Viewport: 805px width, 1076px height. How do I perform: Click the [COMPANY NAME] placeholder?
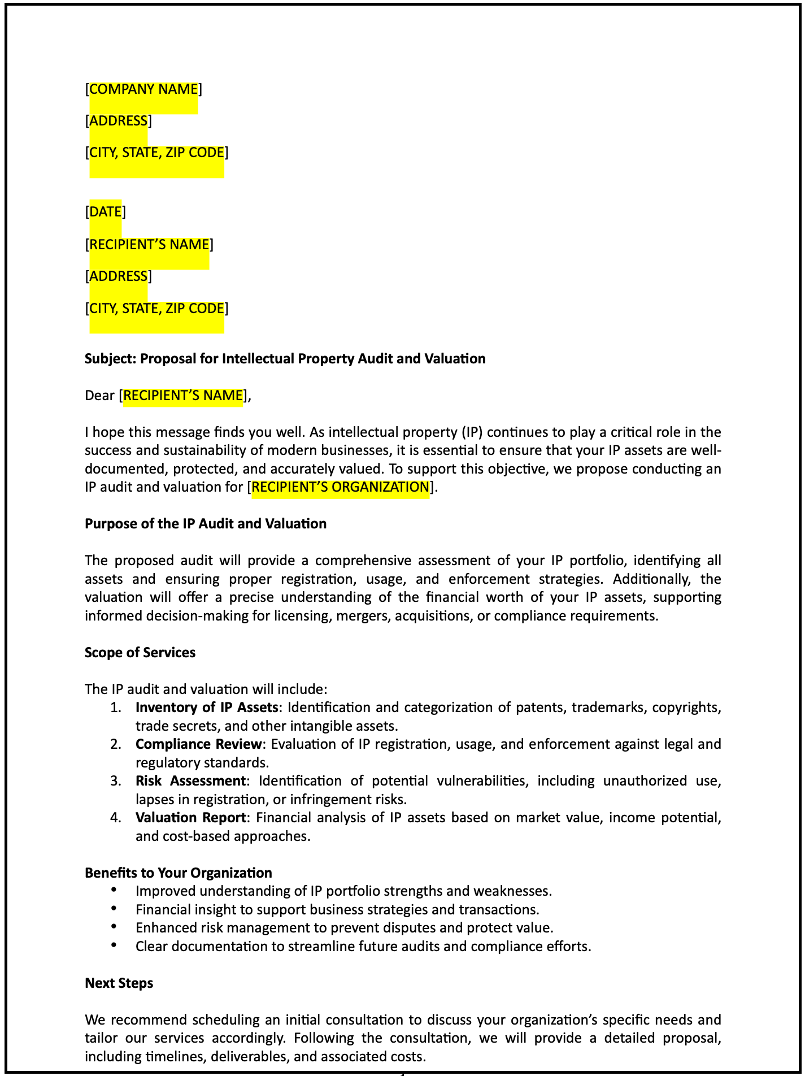(143, 89)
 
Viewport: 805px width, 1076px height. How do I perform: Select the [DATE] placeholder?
(105, 212)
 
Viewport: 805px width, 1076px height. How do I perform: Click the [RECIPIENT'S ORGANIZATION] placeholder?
(340, 487)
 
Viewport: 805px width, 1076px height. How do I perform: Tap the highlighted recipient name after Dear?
(183, 396)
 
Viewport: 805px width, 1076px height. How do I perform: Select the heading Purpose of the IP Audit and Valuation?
(206, 524)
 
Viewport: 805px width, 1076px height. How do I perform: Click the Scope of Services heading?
(140, 653)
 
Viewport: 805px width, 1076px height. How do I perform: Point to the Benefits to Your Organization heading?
(179, 873)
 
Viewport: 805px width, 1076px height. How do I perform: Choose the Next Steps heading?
(119, 983)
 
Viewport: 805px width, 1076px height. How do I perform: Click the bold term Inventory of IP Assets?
(207, 708)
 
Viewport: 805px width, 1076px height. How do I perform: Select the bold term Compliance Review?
(198, 744)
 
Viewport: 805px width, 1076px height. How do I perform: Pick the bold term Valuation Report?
(190, 818)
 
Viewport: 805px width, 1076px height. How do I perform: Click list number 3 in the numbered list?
(115, 781)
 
